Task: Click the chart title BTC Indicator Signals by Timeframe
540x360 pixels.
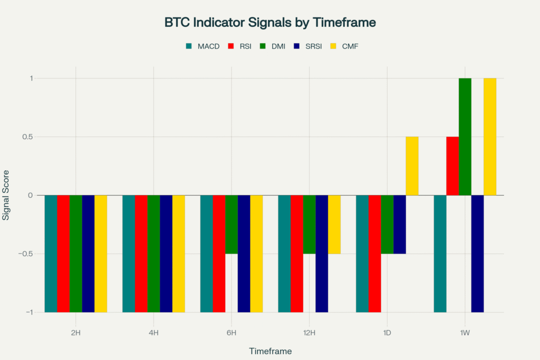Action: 270,23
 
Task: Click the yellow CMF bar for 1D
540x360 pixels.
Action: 412,166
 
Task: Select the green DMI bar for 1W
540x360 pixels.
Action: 465,137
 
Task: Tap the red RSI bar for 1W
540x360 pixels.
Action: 452,166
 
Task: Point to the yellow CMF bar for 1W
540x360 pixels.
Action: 490,137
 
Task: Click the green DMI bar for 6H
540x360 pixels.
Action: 232,225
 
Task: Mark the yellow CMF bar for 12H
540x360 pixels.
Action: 334,225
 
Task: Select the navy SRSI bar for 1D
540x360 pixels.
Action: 400,225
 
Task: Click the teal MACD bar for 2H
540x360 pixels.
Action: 51,254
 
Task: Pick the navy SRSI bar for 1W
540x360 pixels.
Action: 477,254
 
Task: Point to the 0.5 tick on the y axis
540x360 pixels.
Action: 26,137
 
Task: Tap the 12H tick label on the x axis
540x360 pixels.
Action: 309,333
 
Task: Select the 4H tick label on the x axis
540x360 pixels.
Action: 153,333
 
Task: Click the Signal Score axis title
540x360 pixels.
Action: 6,196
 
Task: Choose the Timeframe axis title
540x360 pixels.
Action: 270,351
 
